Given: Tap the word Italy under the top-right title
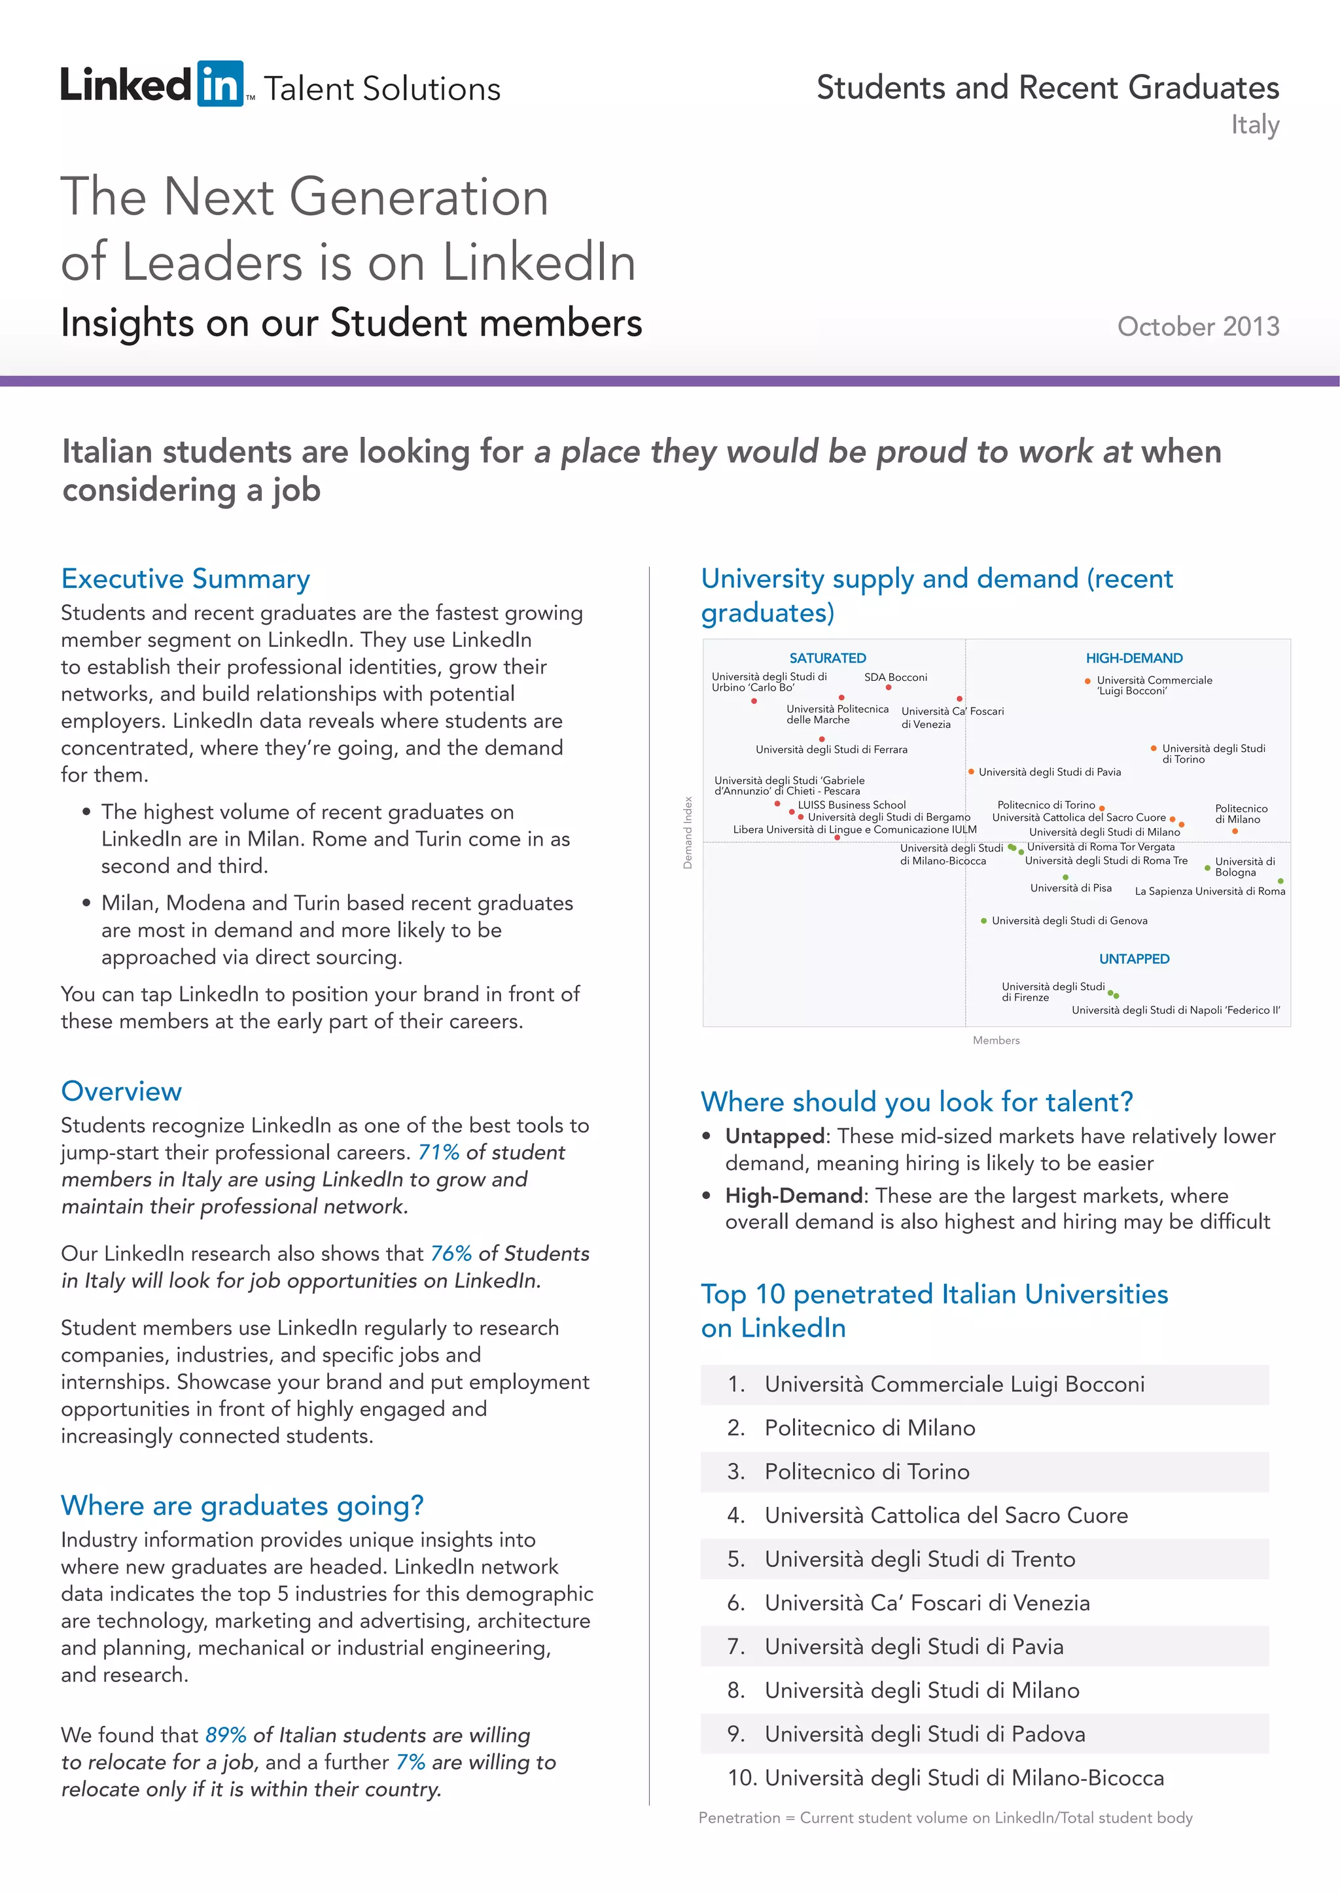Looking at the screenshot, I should click(1254, 126).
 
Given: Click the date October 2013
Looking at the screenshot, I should click(1197, 326).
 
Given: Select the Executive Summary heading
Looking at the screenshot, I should click(186, 579).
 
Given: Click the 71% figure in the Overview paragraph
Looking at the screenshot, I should click(438, 1152).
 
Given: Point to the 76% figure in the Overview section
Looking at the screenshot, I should click(451, 1254).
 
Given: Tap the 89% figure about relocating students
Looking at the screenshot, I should click(225, 1736).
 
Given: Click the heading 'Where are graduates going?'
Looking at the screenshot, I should click(241, 1506).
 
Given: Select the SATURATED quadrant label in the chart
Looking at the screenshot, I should click(827, 659).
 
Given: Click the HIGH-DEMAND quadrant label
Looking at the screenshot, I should click(1134, 659).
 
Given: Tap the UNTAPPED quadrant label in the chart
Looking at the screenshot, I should click(1134, 959).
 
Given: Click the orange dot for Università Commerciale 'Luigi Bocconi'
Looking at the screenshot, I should click(1087, 681).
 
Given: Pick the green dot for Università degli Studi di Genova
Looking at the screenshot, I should click(983, 921).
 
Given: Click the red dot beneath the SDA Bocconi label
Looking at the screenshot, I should click(889, 688).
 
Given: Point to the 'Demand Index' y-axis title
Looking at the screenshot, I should click(687, 833).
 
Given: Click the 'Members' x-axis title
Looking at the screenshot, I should click(996, 1041).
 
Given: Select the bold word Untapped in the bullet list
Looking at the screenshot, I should click(775, 1137).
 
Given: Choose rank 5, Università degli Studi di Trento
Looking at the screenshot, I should click(919, 1560).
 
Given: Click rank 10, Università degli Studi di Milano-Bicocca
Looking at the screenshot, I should click(945, 1778).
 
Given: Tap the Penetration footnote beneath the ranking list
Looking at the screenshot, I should click(945, 1818).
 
